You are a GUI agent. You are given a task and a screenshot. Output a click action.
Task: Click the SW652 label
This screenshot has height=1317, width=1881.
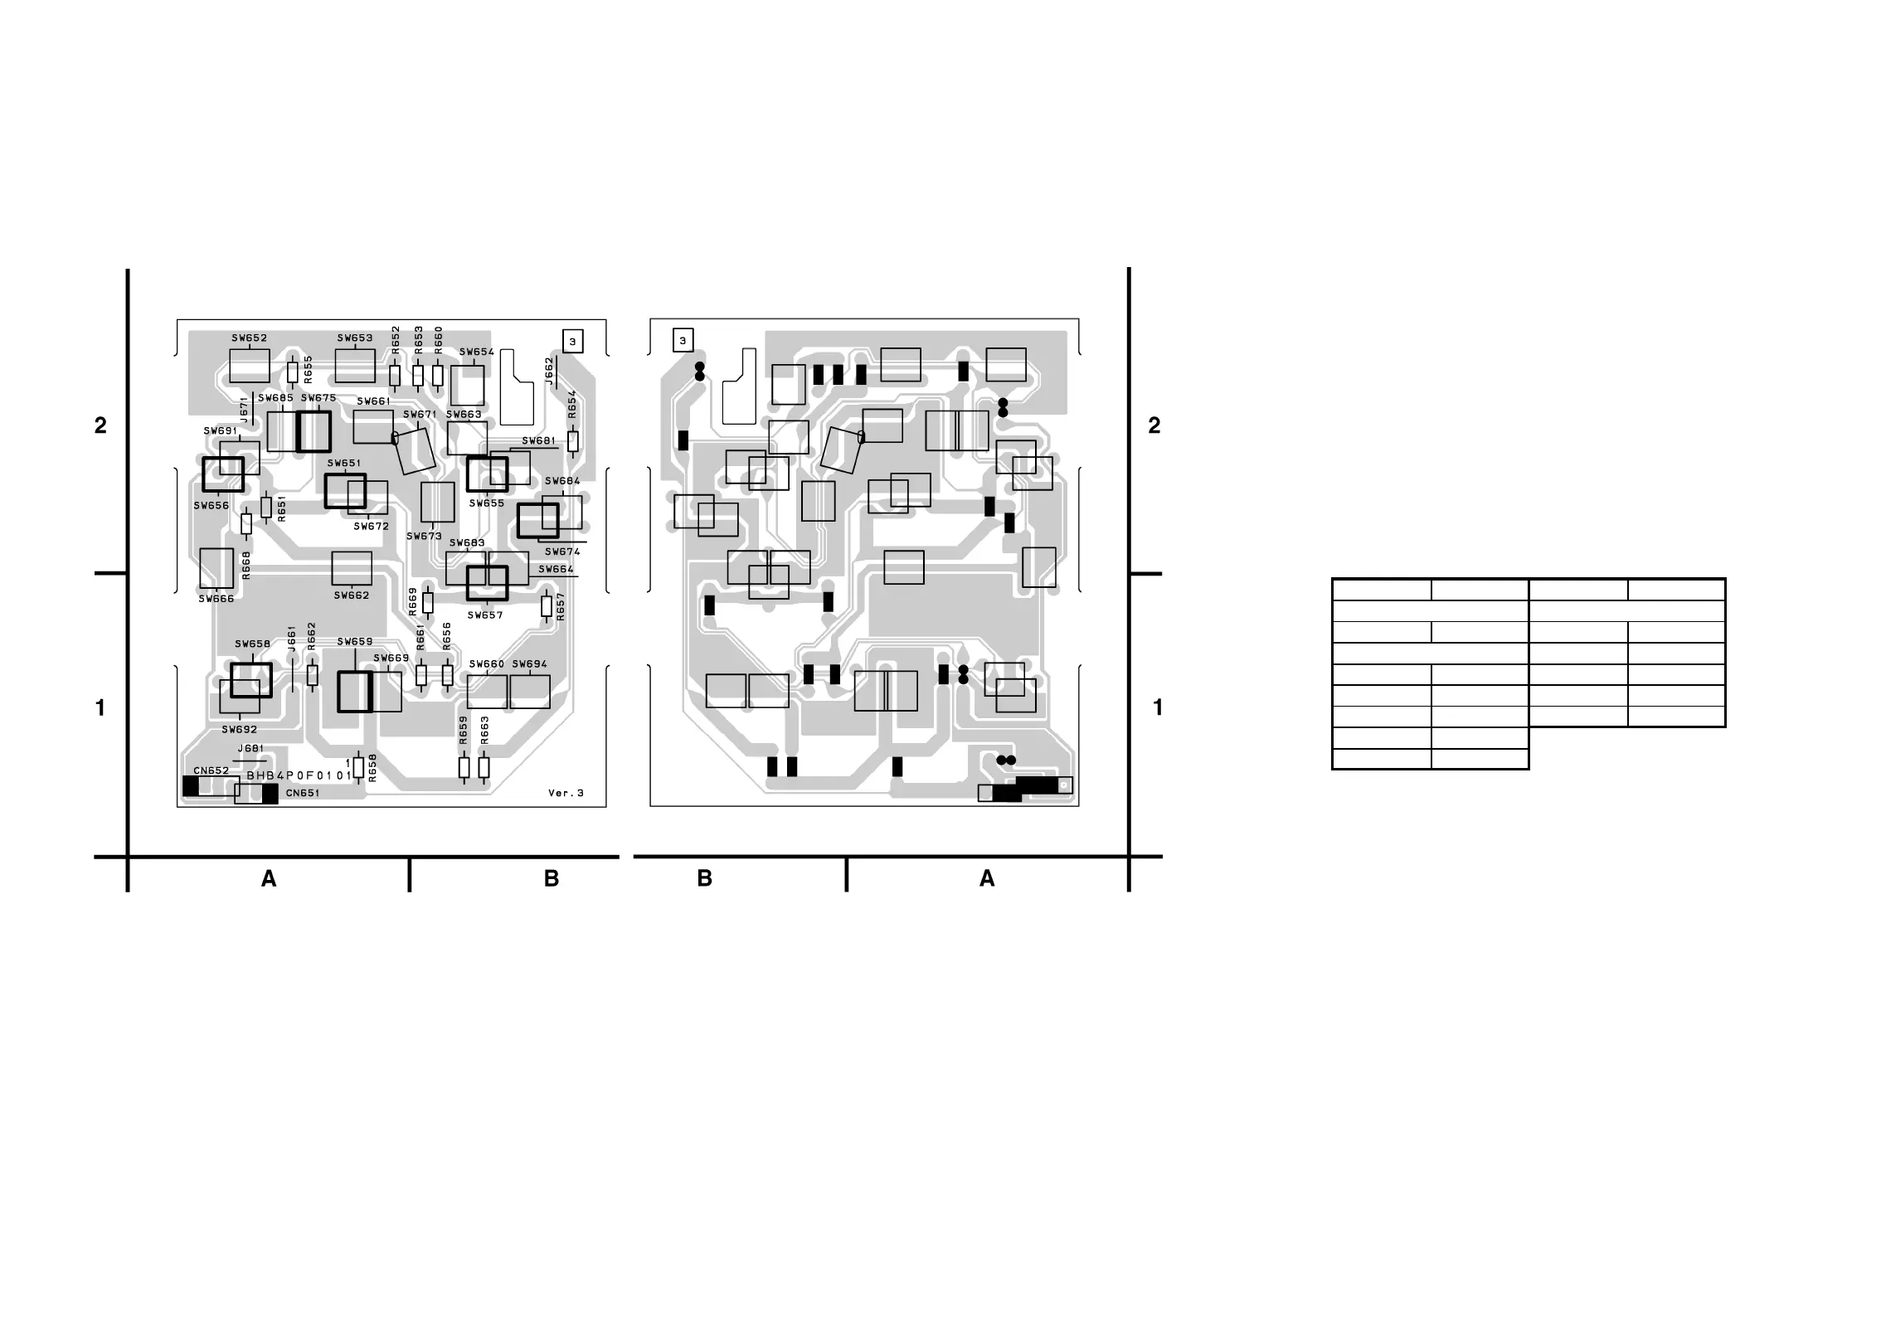coord(249,338)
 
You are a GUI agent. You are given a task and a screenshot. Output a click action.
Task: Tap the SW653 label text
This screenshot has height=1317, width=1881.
coord(354,338)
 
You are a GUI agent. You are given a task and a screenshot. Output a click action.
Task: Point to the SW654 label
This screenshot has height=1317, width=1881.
coord(476,352)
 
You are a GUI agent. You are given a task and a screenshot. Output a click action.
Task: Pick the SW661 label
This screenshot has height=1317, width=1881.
coord(373,401)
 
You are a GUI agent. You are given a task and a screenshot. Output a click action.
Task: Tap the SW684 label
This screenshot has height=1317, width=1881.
coord(562,481)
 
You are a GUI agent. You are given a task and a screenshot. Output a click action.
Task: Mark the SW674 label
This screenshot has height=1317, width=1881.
coord(562,552)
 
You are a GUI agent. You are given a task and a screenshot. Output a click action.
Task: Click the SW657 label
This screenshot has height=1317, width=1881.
coord(485,615)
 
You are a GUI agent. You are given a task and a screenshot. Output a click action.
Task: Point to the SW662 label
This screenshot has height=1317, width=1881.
coord(352,595)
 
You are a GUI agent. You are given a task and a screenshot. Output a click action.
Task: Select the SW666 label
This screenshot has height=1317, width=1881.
coord(216,599)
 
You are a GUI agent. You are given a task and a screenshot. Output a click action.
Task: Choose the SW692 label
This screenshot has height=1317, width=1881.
coord(239,730)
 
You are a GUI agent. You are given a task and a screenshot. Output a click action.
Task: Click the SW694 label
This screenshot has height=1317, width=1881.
coord(529,664)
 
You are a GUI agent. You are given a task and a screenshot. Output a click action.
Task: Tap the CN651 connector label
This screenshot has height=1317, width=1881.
coord(303,793)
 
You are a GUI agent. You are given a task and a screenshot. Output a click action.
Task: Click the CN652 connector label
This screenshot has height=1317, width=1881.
coord(211,770)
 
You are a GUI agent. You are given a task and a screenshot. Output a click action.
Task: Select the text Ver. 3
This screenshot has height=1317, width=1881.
coord(566,793)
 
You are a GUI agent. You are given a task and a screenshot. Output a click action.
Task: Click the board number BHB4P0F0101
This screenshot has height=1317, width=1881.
coord(299,776)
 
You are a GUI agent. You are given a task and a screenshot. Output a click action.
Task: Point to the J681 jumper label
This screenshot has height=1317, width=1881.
coord(250,749)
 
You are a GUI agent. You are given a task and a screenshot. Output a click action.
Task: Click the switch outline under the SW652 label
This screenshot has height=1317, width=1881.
coord(249,366)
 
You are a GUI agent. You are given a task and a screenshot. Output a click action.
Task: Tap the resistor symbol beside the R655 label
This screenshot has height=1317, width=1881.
coord(292,372)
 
